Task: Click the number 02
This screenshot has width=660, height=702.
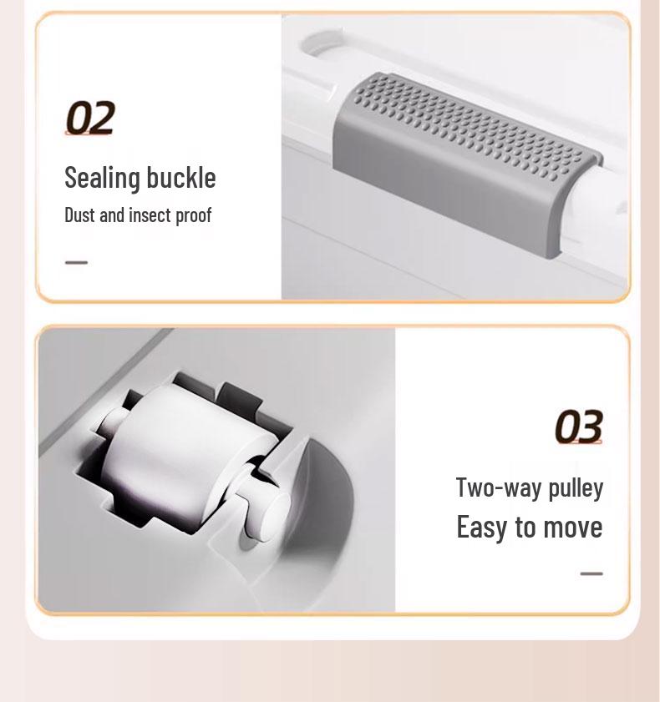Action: coord(89,119)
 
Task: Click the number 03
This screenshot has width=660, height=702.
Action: coord(578,427)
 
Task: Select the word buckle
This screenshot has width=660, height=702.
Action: coord(180,177)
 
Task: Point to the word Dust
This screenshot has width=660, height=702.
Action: coord(79,215)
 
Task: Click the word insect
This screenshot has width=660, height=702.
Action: coord(149,215)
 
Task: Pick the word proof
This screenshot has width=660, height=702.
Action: coord(193,215)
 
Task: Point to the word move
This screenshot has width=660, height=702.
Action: coord(572,528)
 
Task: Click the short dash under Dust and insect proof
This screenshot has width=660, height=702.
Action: coord(76,262)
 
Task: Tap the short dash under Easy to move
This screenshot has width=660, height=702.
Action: coord(591,573)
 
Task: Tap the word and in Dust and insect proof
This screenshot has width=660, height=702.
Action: coord(111,215)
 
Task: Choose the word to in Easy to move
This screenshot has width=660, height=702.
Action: coord(525,528)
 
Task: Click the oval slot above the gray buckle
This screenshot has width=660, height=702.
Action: coord(324,45)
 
